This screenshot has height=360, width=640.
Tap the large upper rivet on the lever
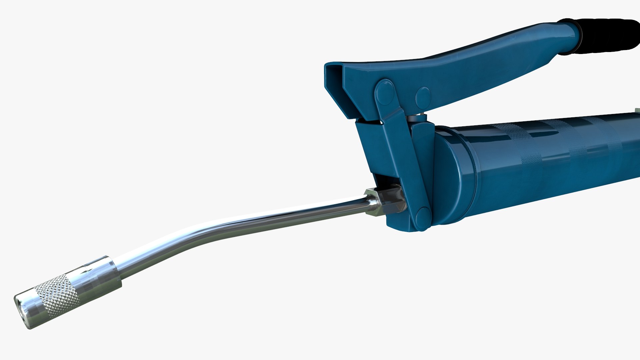click(385, 92)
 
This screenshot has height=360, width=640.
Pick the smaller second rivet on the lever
click(423, 97)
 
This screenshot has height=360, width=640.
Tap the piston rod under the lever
click(419, 118)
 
